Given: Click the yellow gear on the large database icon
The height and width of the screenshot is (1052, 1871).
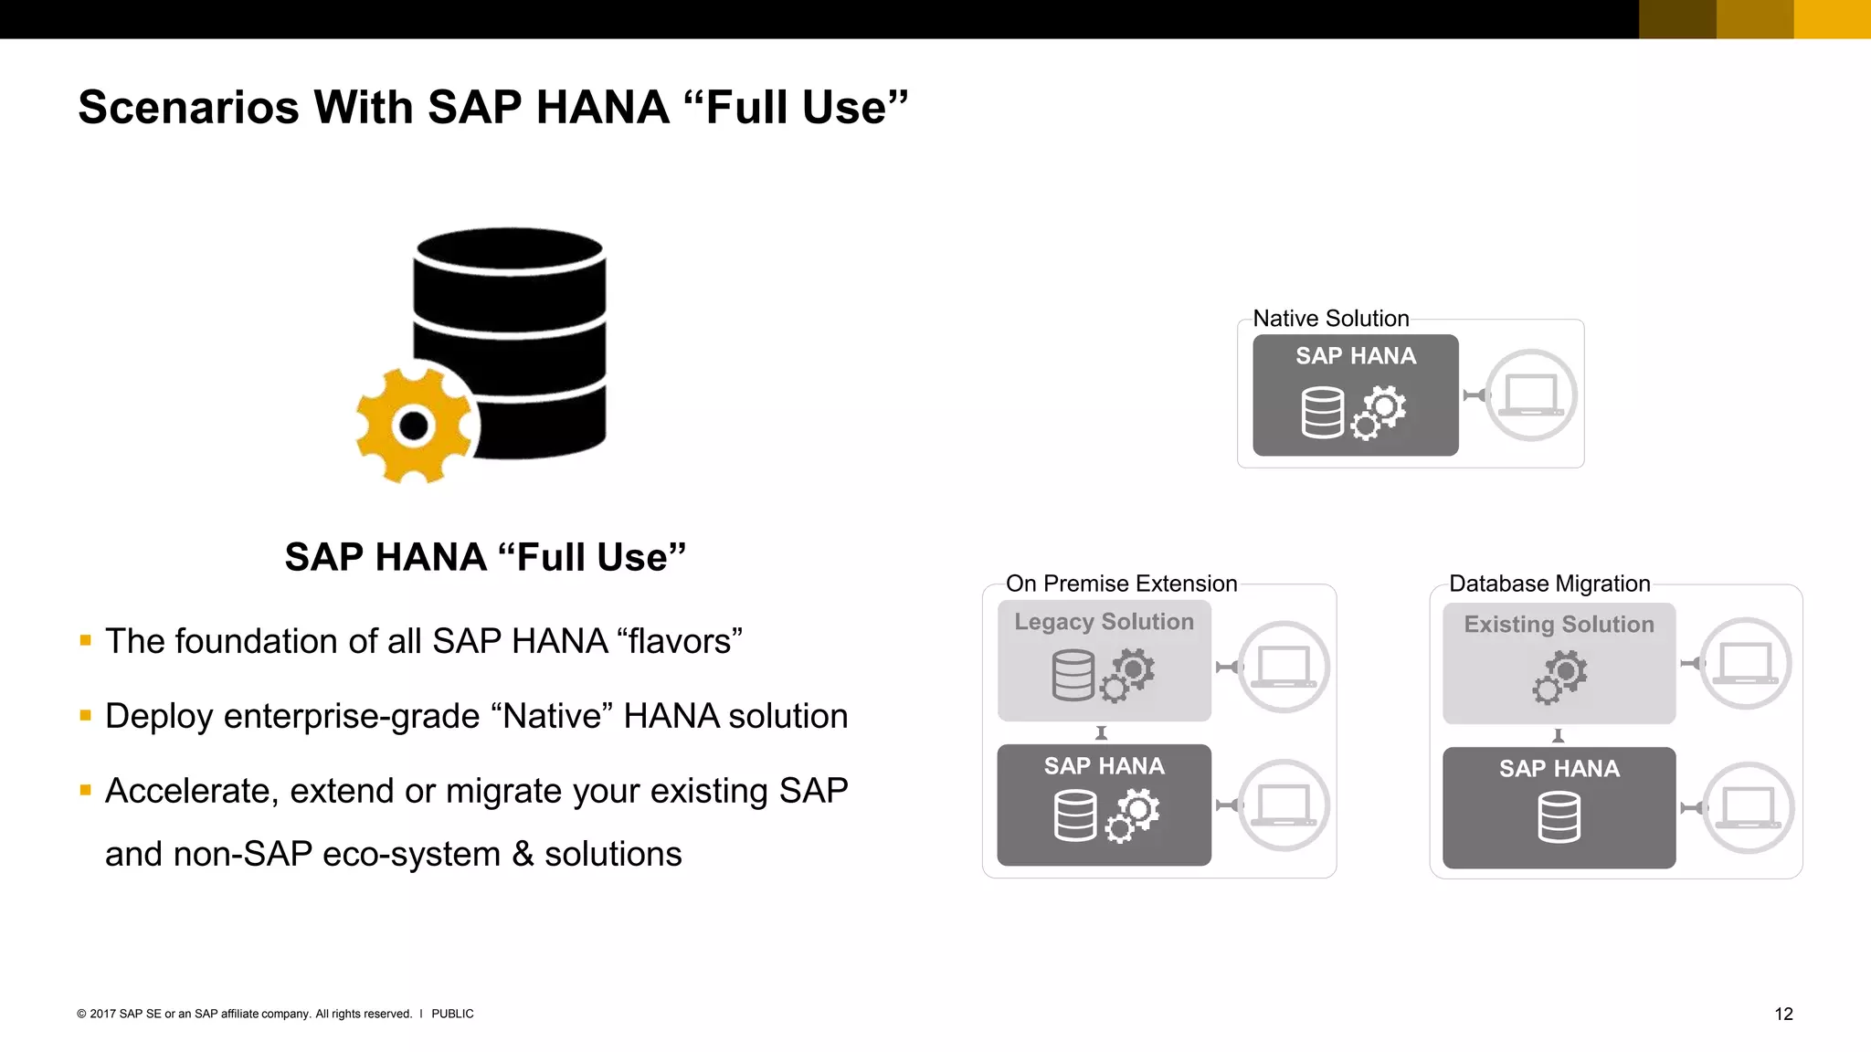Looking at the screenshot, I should click(415, 426).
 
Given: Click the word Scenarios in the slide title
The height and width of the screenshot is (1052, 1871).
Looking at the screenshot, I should click(188, 108).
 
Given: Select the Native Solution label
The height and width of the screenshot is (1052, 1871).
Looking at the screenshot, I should click(1330, 319).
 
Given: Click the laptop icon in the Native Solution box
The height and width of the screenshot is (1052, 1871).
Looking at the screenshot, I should click(1530, 395).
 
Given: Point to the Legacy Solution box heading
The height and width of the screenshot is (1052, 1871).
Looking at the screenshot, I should click(1104, 622).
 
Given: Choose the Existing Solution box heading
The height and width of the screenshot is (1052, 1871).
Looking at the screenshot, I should click(1559, 625).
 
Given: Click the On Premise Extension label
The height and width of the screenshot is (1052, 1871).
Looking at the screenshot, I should click(1121, 584).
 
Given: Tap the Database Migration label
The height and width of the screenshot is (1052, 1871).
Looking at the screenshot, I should click(1549, 584).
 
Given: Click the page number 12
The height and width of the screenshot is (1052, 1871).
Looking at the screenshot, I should click(1783, 1014).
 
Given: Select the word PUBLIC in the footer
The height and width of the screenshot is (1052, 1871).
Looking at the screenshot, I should click(452, 1014).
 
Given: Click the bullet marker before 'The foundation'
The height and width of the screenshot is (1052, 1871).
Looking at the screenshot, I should click(86, 641).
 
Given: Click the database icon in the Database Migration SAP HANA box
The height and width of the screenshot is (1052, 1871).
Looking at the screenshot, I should click(1559, 816).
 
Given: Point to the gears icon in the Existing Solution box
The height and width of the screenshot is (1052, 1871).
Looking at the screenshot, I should click(1559, 677).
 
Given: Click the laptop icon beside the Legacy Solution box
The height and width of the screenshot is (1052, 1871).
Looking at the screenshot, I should click(1284, 667).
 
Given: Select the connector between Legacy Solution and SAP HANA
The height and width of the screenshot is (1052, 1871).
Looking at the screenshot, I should click(1102, 733).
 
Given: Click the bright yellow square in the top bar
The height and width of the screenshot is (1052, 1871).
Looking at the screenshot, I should click(1832, 19).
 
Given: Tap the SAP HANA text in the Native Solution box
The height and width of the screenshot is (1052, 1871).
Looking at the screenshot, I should click(1356, 356).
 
